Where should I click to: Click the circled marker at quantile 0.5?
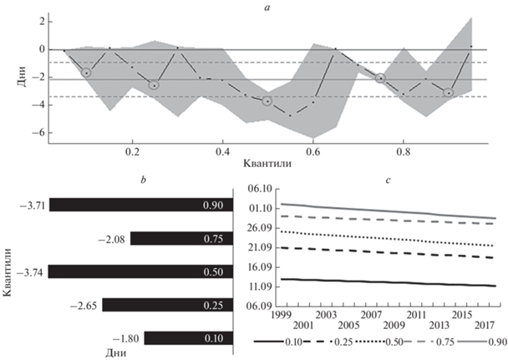267,101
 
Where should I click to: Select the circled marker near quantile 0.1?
86,74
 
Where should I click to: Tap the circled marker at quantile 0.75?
380,78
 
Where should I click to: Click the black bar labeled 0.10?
185,338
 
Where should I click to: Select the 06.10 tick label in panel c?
261,190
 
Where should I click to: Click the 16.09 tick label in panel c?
261,267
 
